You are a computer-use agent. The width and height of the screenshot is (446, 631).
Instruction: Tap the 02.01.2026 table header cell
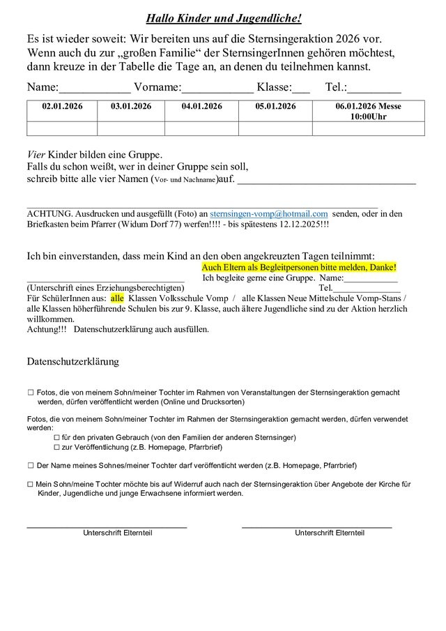click(62, 106)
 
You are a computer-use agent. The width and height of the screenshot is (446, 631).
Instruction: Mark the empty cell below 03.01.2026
click(132, 128)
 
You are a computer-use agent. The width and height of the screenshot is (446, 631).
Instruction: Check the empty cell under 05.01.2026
click(274, 128)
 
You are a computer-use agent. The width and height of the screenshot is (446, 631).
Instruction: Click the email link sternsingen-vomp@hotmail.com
click(268, 214)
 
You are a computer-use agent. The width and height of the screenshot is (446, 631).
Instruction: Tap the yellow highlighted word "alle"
click(116, 297)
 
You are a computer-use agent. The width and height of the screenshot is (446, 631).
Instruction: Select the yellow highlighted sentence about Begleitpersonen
click(298, 267)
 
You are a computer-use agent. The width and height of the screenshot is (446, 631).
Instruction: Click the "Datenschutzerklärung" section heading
click(72, 362)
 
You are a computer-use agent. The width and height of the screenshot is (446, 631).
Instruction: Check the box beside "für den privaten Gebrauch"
click(56, 437)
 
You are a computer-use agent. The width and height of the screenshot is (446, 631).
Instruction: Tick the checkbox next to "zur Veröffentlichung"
click(56, 447)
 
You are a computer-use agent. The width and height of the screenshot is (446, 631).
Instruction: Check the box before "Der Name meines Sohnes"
click(30, 464)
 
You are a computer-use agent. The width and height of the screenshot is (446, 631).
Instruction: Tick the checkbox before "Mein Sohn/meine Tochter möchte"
click(30, 483)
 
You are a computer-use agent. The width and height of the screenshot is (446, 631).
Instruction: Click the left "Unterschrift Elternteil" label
click(118, 533)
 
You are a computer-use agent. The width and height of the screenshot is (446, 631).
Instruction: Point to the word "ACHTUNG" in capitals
click(48, 214)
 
